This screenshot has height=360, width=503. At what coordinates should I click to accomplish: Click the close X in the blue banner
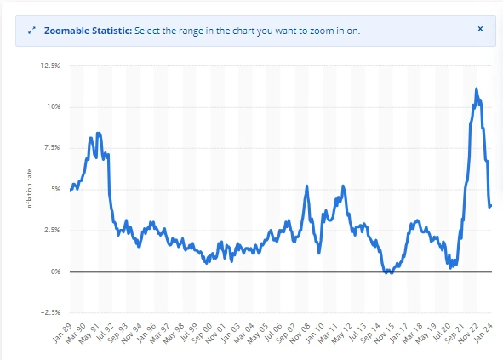pos(479,29)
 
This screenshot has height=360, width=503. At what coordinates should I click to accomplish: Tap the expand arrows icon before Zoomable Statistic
pos(31,30)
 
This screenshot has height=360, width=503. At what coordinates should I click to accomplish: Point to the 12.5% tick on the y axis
pos(49,66)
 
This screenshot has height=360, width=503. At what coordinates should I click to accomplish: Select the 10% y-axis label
pos(53,106)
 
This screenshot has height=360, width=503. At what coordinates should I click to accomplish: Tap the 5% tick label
pos(54,189)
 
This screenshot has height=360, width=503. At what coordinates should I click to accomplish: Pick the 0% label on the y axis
pos(54,271)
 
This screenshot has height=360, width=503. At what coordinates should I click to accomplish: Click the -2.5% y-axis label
pos(49,312)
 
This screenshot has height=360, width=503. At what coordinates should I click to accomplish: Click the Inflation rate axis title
pos(31,189)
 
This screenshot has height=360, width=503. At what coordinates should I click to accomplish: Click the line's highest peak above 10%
pos(476,89)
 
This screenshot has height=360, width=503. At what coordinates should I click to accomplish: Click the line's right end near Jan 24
pos(491,205)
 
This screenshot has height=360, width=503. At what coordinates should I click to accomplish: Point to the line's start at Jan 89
pos(71,191)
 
